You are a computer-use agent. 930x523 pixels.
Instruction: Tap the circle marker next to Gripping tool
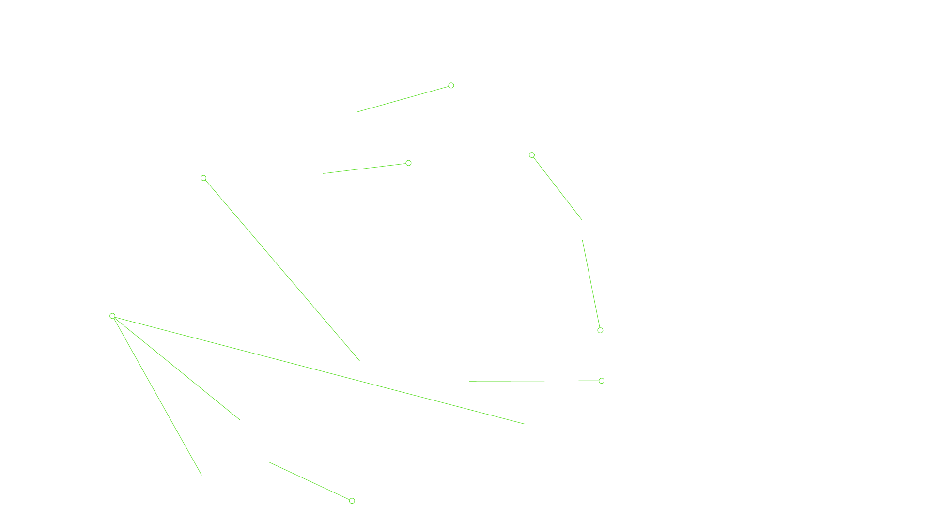[451, 85]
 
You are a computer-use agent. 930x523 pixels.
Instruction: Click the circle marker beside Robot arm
[408, 163]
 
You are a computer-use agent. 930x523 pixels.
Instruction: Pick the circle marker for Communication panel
[532, 155]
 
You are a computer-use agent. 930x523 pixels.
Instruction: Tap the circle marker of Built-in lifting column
[203, 178]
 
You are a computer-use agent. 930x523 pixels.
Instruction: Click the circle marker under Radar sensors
[112, 316]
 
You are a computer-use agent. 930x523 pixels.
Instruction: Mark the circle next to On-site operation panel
[600, 330]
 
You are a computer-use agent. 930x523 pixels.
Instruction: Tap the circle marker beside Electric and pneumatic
[602, 381]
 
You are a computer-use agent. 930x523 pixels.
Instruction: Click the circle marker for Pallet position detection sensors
[352, 501]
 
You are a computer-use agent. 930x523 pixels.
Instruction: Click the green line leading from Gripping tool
[404, 99]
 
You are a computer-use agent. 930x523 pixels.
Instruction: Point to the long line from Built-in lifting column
[281, 269]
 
